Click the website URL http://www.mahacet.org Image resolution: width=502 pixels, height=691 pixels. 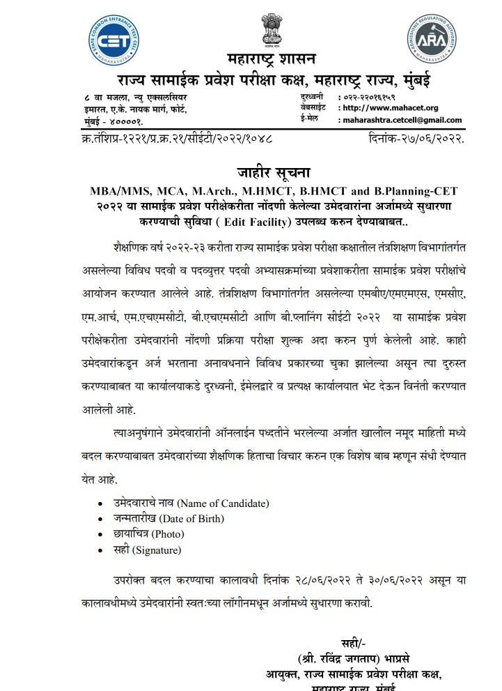[391, 108]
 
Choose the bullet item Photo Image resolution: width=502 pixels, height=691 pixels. [150, 534]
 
